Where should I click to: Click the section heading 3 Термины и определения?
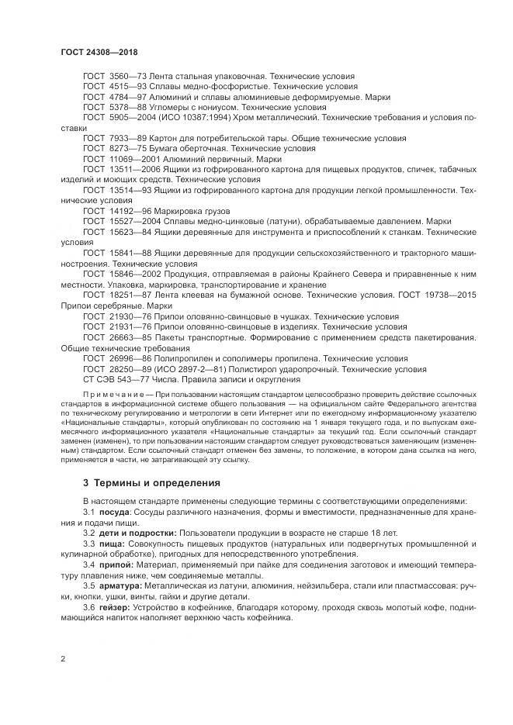tap(151, 482)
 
